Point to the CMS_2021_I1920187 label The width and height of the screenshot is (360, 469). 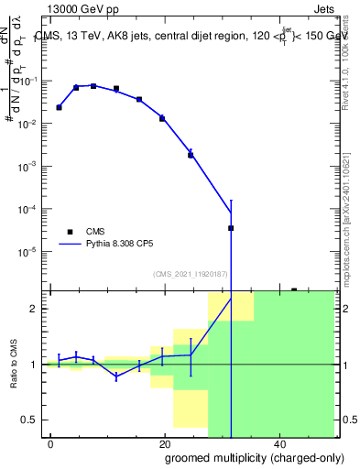click(191, 273)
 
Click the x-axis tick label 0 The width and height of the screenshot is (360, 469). click(50, 444)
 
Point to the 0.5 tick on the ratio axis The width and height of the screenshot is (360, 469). click(34, 420)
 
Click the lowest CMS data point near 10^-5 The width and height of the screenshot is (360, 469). click(231, 228)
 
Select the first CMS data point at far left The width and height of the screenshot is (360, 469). click(59, 107)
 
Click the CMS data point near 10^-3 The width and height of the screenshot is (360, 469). click(191, 155)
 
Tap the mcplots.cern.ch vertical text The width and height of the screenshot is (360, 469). click(348, 211)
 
